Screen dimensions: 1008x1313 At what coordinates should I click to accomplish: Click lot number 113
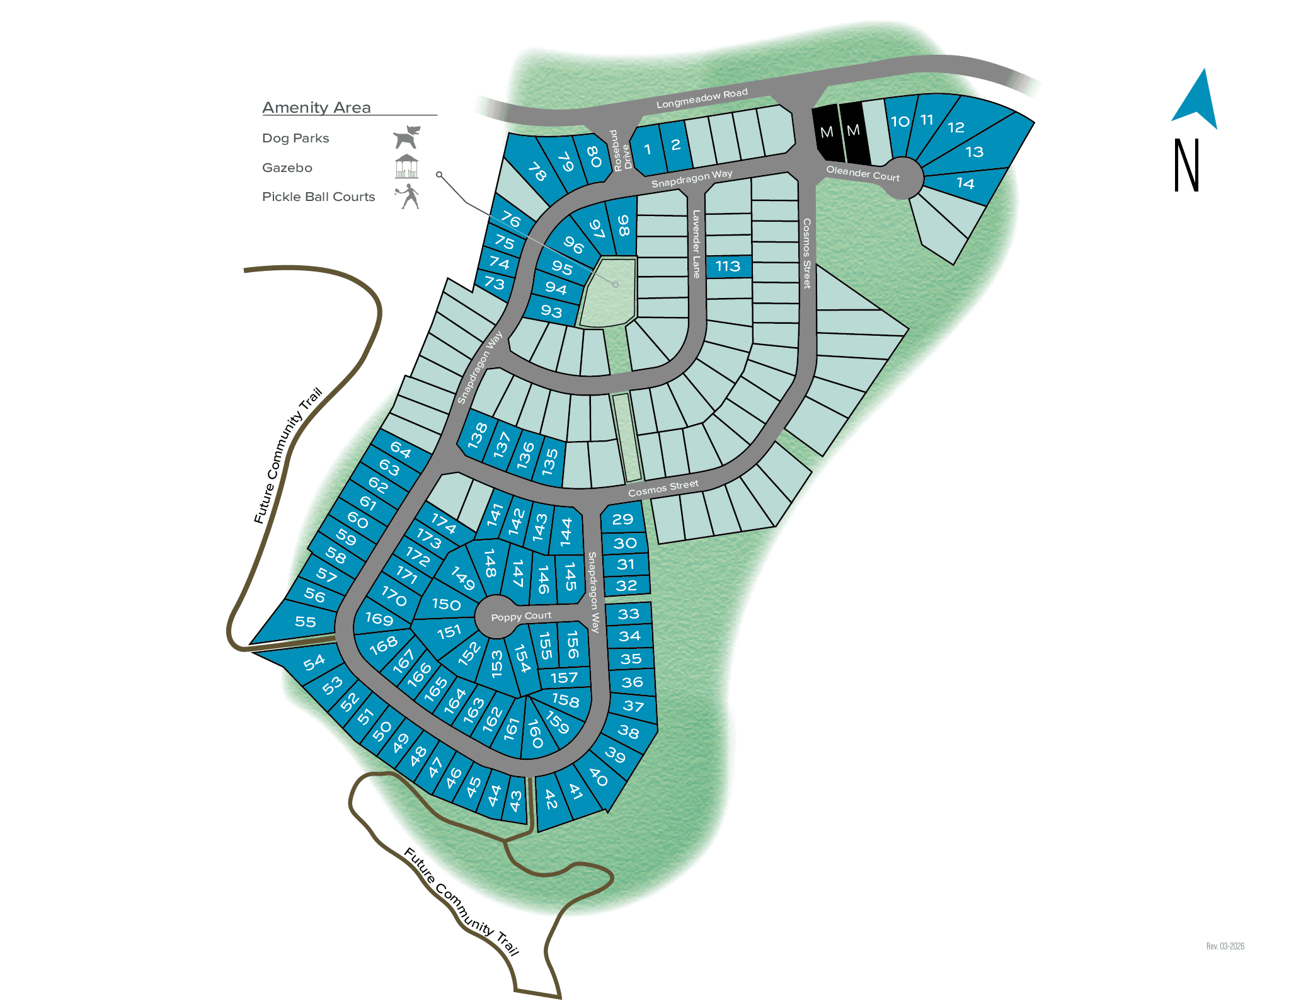[x=728, y=266]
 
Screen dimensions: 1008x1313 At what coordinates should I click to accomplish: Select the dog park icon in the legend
[x=406, y=137]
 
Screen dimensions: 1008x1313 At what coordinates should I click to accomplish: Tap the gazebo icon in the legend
[x=406, y=166]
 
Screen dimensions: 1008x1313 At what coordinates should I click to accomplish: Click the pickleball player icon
[x=408, y=196]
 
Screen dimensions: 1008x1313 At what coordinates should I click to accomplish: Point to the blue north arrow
[x=1196, y=103]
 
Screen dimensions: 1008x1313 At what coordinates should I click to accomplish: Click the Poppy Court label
[x=520, y=616]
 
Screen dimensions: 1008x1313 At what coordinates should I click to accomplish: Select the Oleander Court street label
[x=862, y=173]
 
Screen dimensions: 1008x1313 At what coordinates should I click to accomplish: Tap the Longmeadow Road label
[x=701, y=98]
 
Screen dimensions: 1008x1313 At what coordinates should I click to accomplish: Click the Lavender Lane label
[x=696, y=244]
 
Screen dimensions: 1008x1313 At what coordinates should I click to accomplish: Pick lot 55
[x=305, y=622]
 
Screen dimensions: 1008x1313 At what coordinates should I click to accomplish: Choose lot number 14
[x=965, y=183]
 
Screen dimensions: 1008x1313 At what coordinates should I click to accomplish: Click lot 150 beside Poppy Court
[x=446, y=604]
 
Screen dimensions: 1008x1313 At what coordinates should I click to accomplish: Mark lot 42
[x=551, y=800]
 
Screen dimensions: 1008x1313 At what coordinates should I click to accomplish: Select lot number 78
[x=537, y=171]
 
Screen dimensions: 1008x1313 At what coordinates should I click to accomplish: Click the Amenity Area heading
[x=316, y=108]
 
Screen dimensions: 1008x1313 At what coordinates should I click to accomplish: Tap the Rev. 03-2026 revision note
[x=1225, y=946]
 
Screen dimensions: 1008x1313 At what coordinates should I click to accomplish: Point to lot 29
[x=622, y=519]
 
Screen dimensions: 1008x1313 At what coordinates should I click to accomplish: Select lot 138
[x=478, y=435]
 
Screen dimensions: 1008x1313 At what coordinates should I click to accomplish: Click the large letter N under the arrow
[x=1186, y=165]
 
